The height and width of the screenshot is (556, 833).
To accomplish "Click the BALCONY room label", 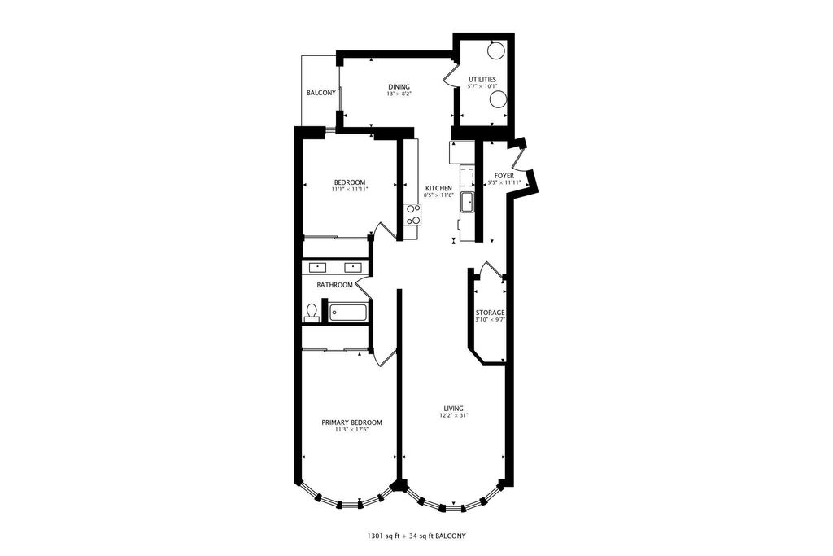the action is point(321,93).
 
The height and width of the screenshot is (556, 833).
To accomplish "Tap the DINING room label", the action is point(399,87).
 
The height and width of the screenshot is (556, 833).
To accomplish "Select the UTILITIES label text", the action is point(482,80).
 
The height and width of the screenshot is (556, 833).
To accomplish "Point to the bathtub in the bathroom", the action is point(348,313).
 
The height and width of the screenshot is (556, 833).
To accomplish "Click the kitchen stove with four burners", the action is point(412,215).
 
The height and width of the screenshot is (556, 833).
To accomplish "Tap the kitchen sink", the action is point(468,202).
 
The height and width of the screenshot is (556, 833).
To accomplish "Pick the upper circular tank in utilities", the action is point(495,51).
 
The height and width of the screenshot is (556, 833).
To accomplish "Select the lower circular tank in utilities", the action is point(498,99).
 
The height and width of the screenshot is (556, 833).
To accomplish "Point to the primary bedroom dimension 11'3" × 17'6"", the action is point(351,430).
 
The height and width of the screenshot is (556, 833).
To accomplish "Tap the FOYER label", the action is point(504,176).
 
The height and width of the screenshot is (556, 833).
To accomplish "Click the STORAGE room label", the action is point(490,313).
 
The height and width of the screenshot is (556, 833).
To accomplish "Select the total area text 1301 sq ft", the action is point(383,536).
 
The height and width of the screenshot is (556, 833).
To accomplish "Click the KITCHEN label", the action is point(438,188).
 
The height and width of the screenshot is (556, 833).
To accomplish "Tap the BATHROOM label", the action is point(334,285).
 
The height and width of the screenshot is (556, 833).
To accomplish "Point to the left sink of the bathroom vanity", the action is point(318,267).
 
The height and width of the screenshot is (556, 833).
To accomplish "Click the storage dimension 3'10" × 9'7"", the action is point(490,320).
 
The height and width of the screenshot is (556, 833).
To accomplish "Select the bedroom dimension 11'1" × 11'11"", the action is point(350,189).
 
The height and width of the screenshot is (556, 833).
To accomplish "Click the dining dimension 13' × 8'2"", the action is point(399,94).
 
